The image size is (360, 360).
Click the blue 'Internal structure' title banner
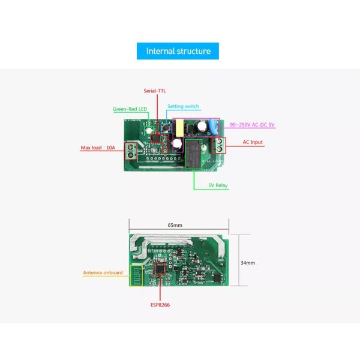178,51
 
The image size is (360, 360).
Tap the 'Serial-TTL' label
154,91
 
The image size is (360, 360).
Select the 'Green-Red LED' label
130,109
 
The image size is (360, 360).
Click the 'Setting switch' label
183,106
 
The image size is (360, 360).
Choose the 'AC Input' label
253,142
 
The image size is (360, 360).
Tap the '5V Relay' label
218,186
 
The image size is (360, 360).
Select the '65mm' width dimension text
176,225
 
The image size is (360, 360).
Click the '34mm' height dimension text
248,262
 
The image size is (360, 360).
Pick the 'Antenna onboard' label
103,272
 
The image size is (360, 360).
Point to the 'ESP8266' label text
161,304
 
